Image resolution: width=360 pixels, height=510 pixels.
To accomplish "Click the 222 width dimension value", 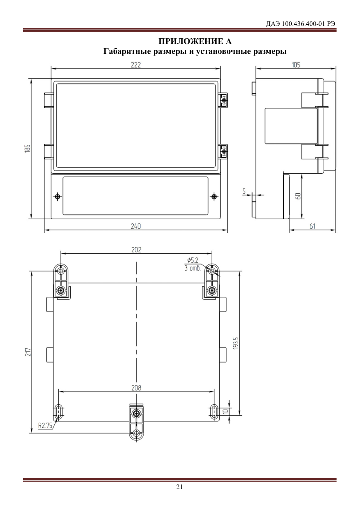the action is [136, 65].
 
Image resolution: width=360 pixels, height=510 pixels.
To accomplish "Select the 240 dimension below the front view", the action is [136, 226].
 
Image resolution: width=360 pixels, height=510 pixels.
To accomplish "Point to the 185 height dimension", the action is [28, 148].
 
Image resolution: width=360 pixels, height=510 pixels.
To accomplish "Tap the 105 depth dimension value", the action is [296, 65].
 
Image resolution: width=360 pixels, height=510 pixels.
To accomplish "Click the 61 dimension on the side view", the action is [312, 226].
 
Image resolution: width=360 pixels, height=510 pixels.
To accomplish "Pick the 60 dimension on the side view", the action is [298, 196].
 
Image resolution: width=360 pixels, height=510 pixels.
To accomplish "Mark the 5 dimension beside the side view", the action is [244, 191].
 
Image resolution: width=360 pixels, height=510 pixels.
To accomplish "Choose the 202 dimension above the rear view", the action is [136, 250].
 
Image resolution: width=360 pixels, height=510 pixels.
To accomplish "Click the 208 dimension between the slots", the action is [136, 388].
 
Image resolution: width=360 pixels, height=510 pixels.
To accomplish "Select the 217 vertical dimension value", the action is [28, 352].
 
